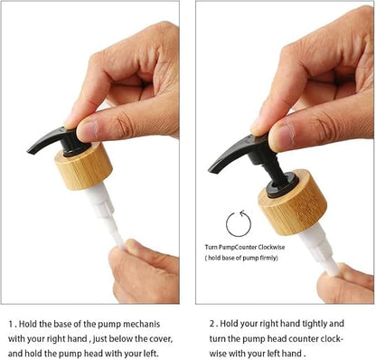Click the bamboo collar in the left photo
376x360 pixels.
pos(84,166)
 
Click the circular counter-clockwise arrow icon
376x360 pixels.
pos(239,223)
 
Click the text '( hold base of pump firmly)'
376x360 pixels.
pos(241,258)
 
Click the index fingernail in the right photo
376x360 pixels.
pos(282,137)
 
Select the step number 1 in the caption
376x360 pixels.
pos(11,325)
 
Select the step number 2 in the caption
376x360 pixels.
pos(212,324)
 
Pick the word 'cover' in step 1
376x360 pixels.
pos(162,338)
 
